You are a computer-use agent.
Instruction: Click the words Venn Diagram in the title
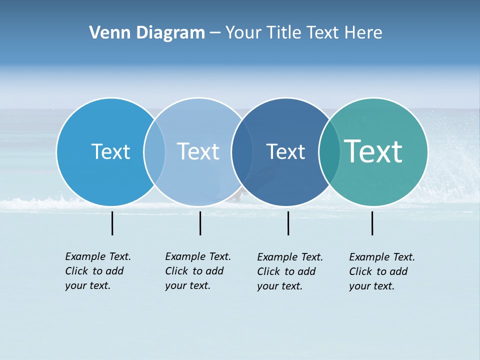point(147,33)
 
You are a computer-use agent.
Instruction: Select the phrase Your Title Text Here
point(303,33)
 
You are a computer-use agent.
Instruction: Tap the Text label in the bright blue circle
point(110,151)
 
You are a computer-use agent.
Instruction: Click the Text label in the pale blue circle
point(198,151)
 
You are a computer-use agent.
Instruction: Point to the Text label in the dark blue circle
point(285,151)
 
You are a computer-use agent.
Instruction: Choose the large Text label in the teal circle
point(373,151)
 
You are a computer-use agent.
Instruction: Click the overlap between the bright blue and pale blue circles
point(154,152)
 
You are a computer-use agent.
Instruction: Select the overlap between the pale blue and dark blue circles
point(241,152)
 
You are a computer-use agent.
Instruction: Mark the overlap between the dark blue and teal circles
point(328,152)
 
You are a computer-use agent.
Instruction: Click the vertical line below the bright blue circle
point(112,223)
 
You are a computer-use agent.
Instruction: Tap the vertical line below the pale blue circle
point(200,223)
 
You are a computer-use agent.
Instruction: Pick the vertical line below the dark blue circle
point(288,223)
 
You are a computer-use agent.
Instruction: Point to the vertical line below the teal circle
point(372,223)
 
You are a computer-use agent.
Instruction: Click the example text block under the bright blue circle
point(98,271)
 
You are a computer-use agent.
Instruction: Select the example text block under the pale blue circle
point(198,271)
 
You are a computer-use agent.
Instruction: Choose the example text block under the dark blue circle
point(290,271)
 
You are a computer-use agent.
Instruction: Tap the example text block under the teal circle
point(382,271)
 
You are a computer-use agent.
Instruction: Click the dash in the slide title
point(215,33)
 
